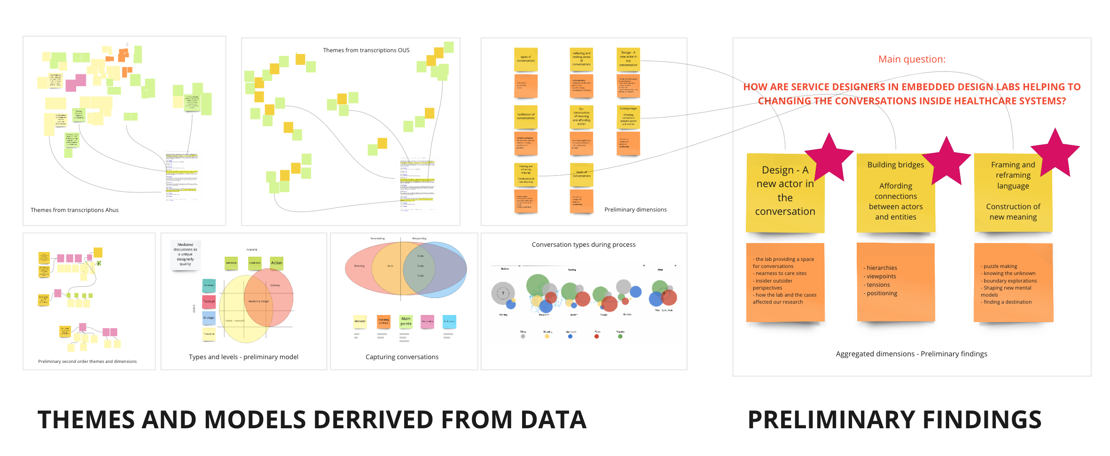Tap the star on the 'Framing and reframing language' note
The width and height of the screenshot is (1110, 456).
(x=1055, y=153)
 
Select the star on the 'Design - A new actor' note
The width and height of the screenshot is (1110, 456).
(x=829, y=158)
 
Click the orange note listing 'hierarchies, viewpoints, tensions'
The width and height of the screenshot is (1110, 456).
(x=896, y=282)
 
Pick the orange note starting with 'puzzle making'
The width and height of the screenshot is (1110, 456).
(x=1013, y=283)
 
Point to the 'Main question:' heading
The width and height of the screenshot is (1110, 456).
(x=912, y=59)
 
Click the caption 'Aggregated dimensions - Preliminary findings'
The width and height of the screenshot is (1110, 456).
(x=911, y=354)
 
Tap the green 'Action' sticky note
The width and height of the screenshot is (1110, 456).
(x=277, y=263)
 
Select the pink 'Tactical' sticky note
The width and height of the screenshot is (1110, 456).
(x=209, y=301)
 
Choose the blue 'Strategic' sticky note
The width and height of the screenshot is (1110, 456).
(x=209, y=318)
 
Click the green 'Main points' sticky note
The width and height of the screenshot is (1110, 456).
(x=406, y=322)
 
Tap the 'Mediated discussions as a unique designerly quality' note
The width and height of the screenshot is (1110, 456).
(x=185, y=254)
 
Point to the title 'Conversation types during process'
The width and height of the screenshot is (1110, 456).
(x=583, y=244)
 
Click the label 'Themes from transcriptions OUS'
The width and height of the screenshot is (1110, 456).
(x=366, y=50)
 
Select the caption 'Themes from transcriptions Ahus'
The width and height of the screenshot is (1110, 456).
(x=74, y=210)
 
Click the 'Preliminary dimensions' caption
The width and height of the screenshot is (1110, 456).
(x=635, y=210)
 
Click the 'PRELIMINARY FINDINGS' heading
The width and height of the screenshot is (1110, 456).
(x=894, y=420)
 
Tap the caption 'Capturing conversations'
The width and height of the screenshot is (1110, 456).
(x=402, y=357)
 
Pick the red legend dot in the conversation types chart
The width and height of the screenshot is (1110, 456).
(x=596, y=337)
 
